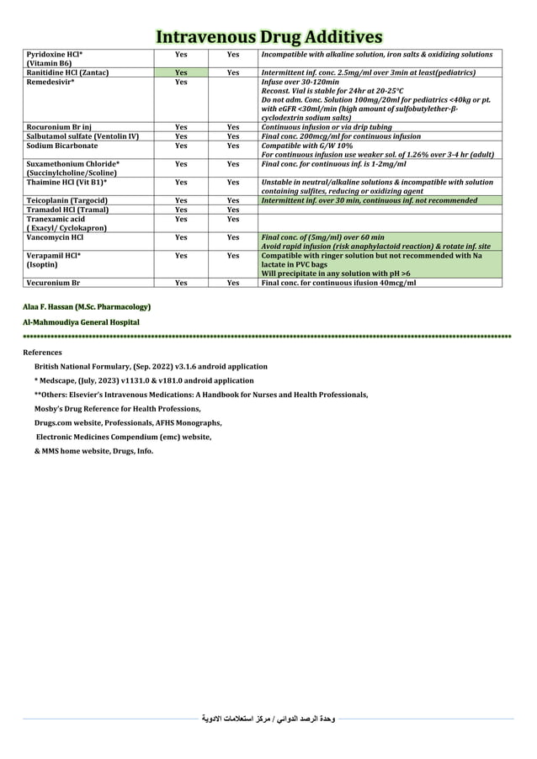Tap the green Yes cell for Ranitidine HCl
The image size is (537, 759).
[180, 73]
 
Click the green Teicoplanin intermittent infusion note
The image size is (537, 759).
[370, 200]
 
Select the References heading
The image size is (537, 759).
[42, 352]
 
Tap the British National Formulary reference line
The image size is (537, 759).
[151, 367]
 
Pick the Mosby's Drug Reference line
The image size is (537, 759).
[117, 408]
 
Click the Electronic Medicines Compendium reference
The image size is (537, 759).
[123, 437]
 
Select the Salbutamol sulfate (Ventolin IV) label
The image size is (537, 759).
[82, 136]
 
